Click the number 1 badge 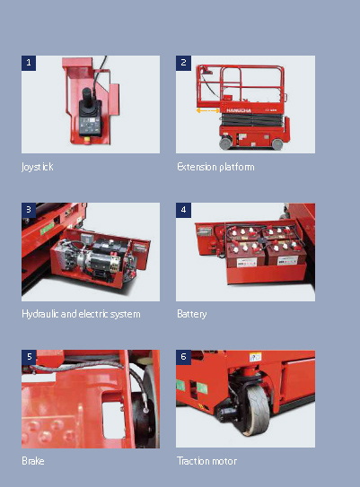(29, 63)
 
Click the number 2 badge (183, 63)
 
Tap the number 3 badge (29, 210)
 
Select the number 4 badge (183, 210)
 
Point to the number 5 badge (29, 357)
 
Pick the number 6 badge (183, 357)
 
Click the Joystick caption (38, 167)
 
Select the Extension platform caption (215, 167)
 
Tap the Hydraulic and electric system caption (81, 314)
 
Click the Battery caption (193, 314)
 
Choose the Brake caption (32, 461)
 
